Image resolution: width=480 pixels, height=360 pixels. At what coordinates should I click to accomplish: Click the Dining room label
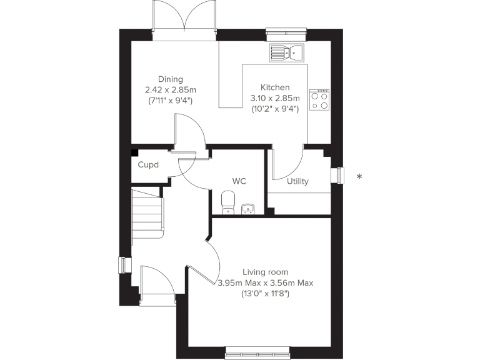point(170,79)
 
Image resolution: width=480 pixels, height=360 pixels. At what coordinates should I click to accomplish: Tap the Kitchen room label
point(275,87)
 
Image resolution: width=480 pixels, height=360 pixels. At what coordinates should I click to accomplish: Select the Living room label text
point(266,272)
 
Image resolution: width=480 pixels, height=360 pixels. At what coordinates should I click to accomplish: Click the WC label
point(239,181)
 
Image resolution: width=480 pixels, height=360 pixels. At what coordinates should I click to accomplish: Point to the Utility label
point(297,182)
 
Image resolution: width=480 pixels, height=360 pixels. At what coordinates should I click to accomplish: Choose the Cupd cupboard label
point(148,166)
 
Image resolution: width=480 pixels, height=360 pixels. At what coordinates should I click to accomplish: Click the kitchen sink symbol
point(286,52)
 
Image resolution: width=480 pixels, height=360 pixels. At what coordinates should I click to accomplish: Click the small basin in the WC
point(248,208)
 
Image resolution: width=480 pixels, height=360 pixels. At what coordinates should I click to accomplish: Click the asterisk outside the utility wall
point(359,177)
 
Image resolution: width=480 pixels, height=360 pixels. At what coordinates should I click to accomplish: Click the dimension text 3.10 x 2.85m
point(275,98)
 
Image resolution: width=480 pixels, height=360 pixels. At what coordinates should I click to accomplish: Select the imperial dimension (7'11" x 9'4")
point(170,100)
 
